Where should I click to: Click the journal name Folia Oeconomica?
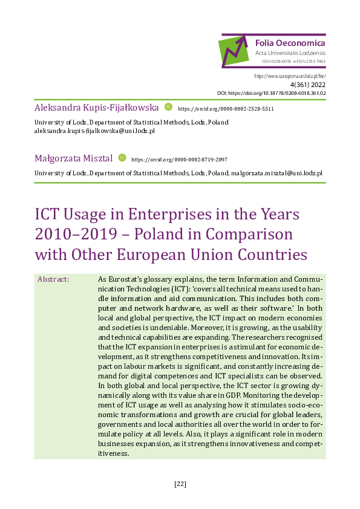290,43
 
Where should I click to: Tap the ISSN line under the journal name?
293,61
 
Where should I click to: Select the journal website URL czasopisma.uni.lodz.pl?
290,76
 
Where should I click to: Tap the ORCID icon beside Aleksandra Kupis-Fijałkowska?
169,108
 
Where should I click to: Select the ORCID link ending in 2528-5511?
226,109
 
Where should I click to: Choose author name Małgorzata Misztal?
74,158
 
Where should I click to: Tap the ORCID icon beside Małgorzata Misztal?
122,158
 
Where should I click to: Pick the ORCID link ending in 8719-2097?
179,159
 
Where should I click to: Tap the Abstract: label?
53,279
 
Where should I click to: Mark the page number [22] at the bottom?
180,484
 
